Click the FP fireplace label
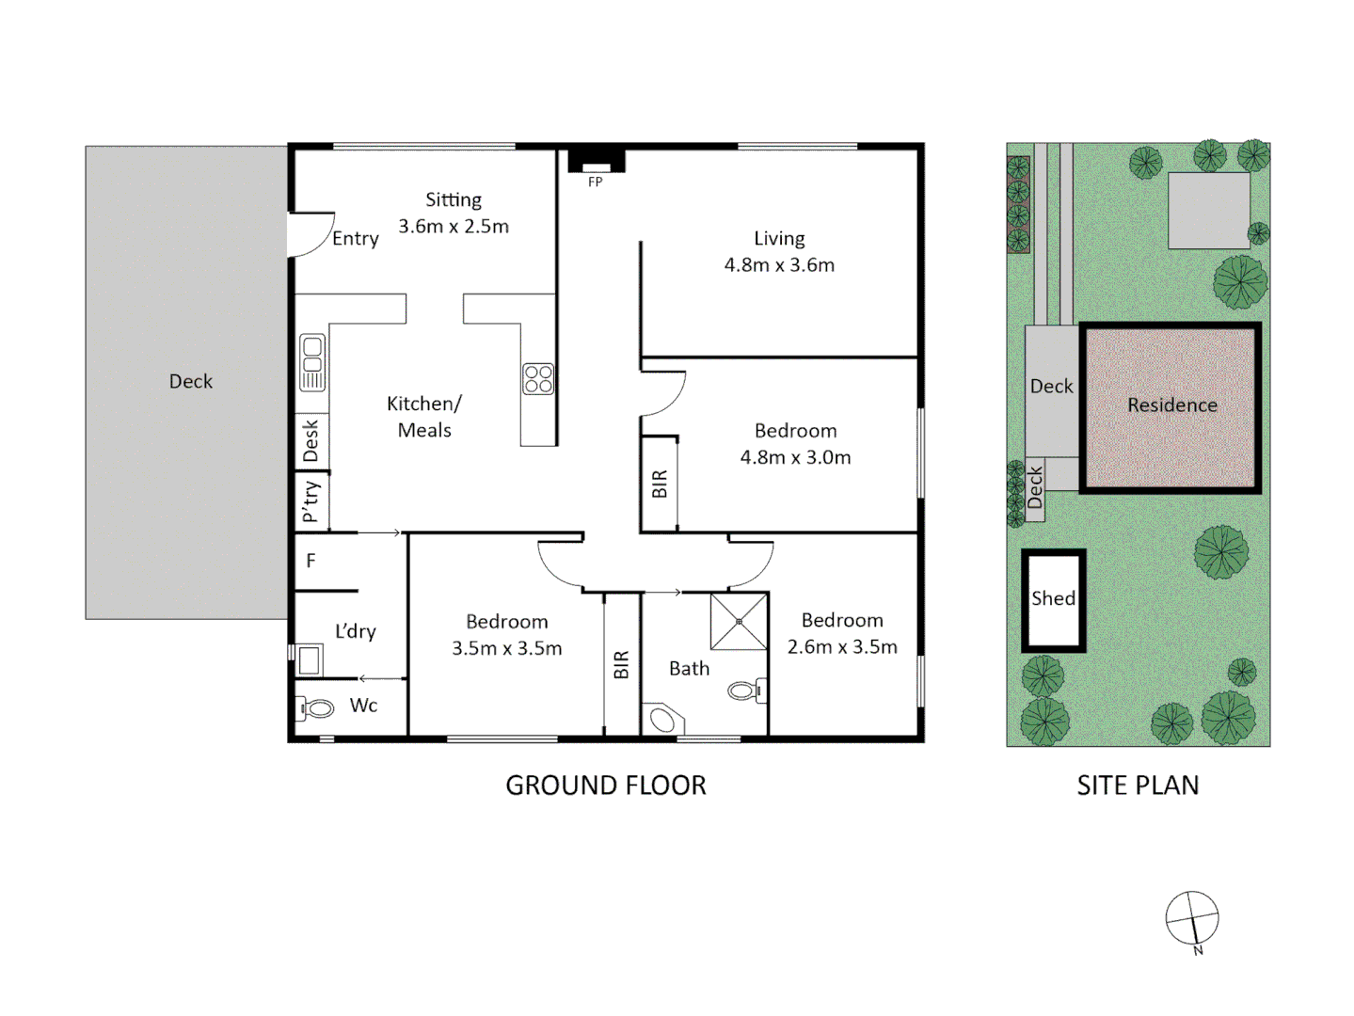(x=595, y=183)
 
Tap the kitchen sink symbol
(x=312, y=362)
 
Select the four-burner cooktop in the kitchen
(x=538, y=379)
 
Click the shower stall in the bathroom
(x=739, y=621)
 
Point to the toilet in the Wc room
(x=316, y=708)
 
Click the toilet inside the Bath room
(x=747, y=691)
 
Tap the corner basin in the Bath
(x=663, y=719)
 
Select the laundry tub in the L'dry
(x=309, y=659)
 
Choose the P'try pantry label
(x=311, y=501)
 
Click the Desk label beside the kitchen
(x=311, y=440)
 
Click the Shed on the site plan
(x=1053, y=599)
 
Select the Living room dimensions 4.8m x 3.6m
(x=779, y=265)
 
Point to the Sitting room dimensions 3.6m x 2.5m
(x=454, y=227)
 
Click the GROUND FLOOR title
(x=606, y=786)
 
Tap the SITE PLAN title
(x=1138, y=786)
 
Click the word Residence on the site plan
(x=1172, y=405)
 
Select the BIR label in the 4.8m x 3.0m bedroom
(x=660, y=484)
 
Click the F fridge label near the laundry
(x=311, y=561)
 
